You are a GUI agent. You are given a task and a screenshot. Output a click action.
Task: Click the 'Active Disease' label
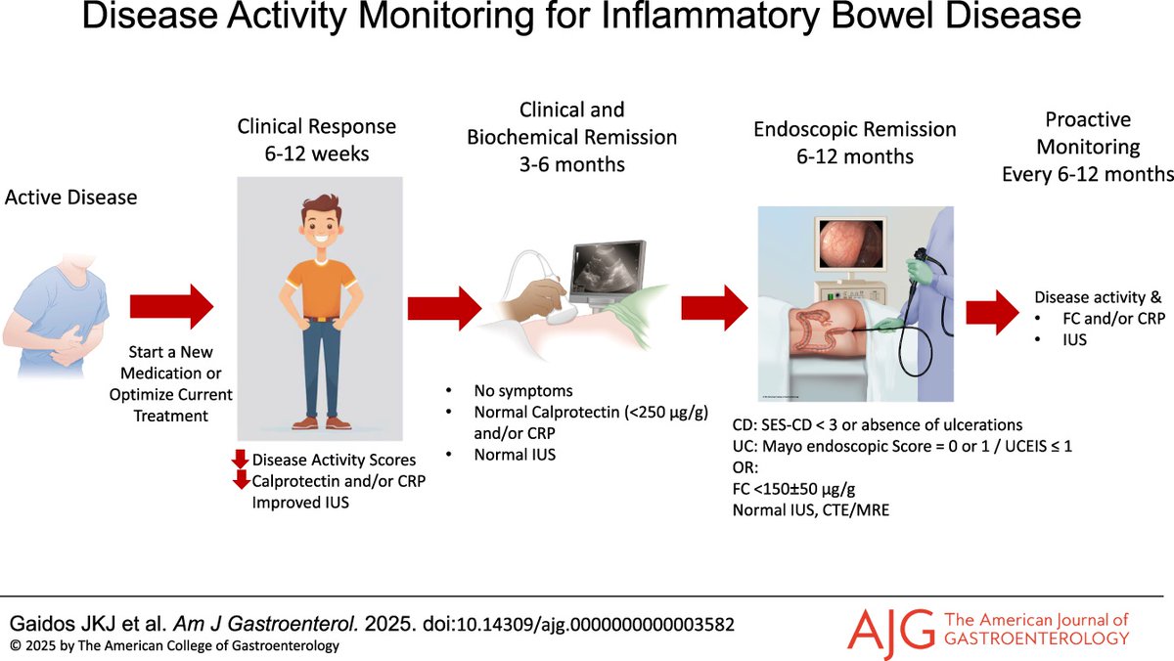coord(71,198)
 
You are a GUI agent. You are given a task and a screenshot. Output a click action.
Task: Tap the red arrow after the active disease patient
coord(171,307)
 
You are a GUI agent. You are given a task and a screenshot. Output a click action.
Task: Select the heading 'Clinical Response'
coord(317,126)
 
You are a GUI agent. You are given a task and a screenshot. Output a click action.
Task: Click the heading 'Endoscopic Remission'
coord(855,130)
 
